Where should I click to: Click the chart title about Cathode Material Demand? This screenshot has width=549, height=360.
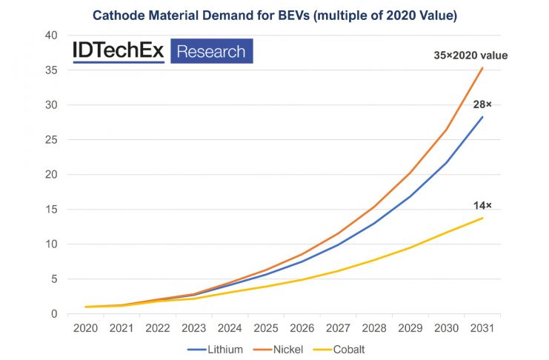click(273, 13)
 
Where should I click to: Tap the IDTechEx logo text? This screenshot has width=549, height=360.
click(118, 51)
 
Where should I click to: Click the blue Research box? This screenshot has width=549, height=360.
click(212, 51)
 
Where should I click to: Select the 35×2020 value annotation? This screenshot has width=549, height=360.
click(470, 55)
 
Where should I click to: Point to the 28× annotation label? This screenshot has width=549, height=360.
click(483, 104)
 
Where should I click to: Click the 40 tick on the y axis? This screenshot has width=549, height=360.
click(52, 36)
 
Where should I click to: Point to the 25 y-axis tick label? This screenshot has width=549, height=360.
click(52, 140)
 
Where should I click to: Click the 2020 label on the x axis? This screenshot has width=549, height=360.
click(87, 328)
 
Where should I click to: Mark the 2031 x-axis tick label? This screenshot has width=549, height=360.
click(482, 328)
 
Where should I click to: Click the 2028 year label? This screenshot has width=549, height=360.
click(374, 328)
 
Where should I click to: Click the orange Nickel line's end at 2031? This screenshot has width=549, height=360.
click(482, 68)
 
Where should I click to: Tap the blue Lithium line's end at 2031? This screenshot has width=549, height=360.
click(482, 117)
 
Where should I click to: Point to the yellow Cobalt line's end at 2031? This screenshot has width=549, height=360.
click(482, 218)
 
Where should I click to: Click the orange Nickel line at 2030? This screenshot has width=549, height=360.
click(446, 130)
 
